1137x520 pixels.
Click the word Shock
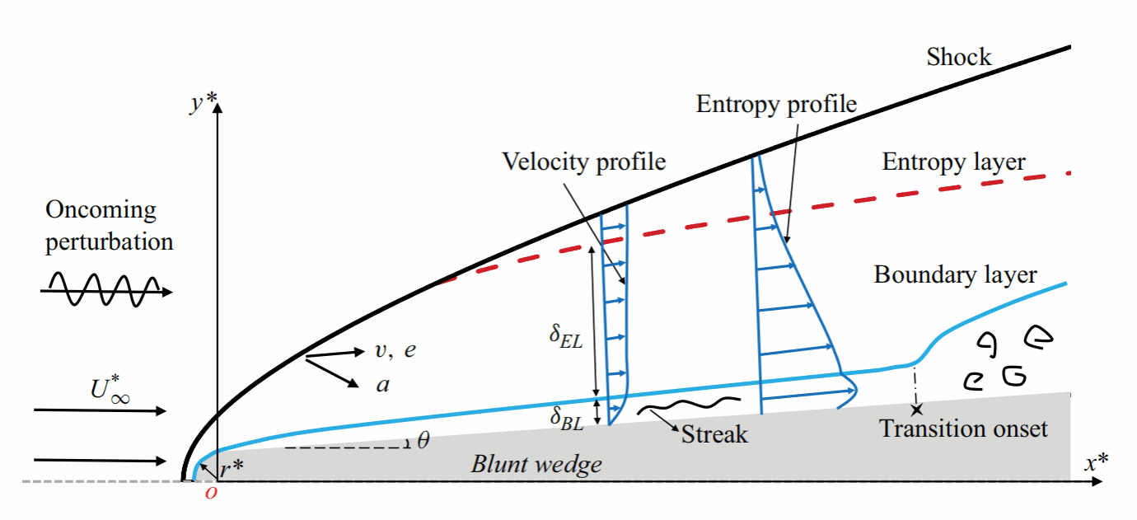(959, 57)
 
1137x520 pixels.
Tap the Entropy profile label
(776, 104)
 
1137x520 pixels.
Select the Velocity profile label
(583, 161)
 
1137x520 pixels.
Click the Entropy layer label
(953, 162)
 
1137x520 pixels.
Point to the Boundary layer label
(955, 274)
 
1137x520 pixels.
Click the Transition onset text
(963, 429)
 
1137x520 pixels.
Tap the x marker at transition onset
(916, 408)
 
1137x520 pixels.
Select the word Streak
(714, 433)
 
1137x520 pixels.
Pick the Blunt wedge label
(536, 464)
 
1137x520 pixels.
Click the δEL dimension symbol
(566, 339)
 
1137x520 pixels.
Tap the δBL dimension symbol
(567, 418)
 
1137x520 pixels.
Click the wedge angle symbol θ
(423, 441)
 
